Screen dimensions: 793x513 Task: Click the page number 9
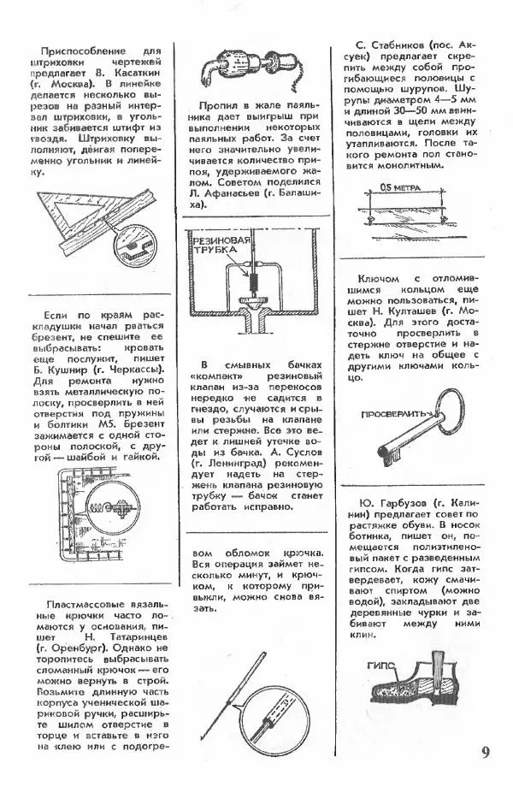(x=486, y=754)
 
